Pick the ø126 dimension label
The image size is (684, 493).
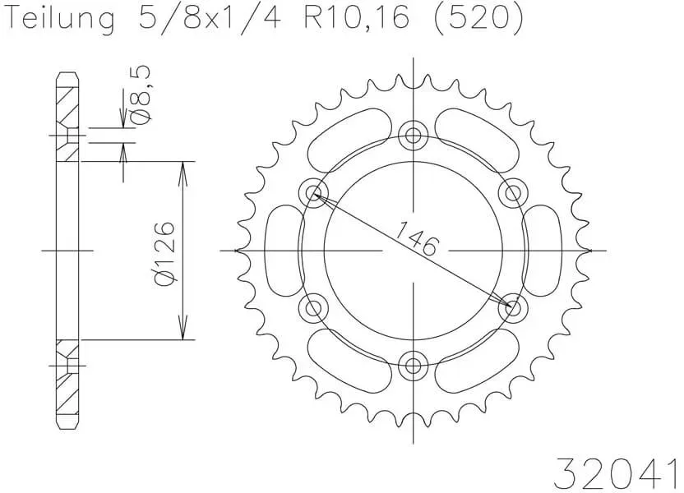pyautogui.click(x=164, y=251)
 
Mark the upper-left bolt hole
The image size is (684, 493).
pyautogui.click(x=313, y=193)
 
